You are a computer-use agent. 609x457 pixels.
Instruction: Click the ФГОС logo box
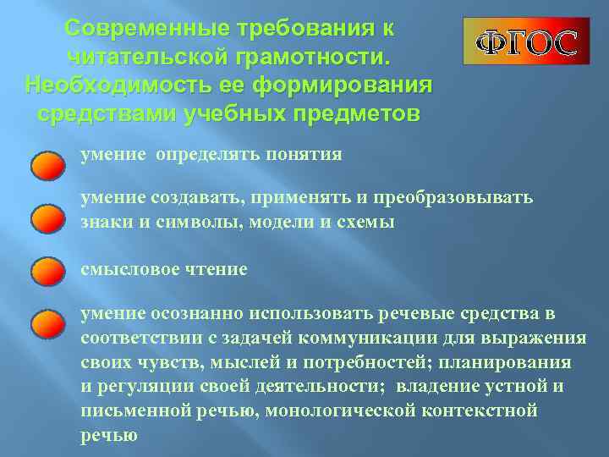click(x=526, y=41)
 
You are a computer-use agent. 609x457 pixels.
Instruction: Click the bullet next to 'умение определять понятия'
click(x=47, y=166)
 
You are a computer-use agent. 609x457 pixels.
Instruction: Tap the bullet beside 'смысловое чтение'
click(x=47, y=271)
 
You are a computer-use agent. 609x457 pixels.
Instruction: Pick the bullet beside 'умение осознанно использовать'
click(x=47, y=324)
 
